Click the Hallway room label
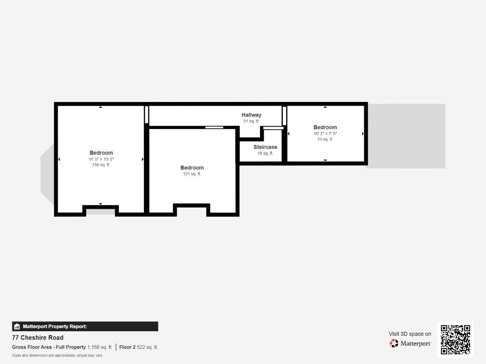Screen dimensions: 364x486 coord(251,115)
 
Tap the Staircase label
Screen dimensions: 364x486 coord(265,147)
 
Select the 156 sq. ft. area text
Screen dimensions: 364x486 coord(101,165)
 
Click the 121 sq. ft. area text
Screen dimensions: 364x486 coord(192,174)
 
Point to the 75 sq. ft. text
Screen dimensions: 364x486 coord(325,139)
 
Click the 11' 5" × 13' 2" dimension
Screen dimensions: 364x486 coord(101,159)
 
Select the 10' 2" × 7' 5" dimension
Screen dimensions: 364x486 coord(325,134)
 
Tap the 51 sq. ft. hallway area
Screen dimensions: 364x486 coord(251,121)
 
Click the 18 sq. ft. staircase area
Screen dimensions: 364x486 coord(265,153)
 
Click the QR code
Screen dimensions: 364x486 coord(455,339)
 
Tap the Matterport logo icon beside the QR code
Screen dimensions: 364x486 coord(394,344)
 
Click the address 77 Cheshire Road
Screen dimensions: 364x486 coord(38,338)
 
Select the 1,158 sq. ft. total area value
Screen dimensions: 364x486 coord(100,347)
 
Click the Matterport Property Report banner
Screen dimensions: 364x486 coord(85,326)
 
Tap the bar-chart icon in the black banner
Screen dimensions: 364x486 coord(17,326)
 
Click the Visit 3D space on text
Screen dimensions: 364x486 coord(410,334)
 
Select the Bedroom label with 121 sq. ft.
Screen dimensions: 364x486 coord(192,168)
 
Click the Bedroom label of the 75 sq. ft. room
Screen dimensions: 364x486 coord(325,127)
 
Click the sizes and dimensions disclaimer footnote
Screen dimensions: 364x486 coord(57,355)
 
